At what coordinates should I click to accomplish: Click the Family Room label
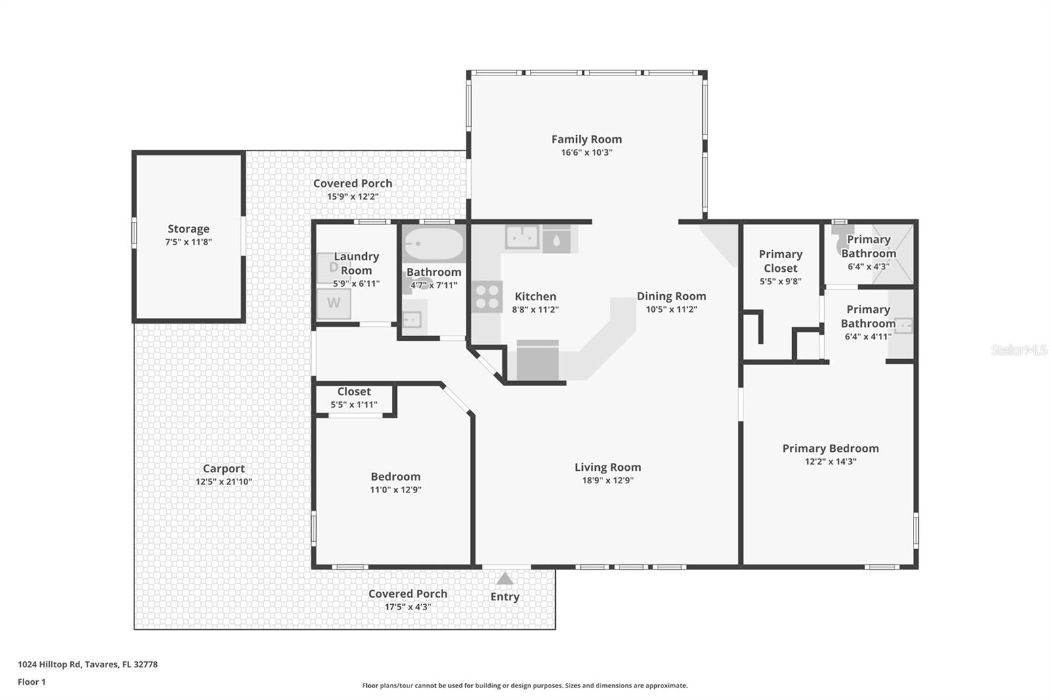point(586,139)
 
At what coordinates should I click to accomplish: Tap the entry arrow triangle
point(505,579)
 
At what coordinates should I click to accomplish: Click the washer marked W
point(333,303)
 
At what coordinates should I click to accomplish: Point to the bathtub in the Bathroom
point(433,244)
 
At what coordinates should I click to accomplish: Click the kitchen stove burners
point(488,296)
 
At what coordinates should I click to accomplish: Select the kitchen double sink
point(522,237)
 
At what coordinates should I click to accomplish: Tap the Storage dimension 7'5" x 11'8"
point(188,242)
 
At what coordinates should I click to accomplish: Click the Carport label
point(223,468)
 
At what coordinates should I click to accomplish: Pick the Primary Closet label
point(780,261)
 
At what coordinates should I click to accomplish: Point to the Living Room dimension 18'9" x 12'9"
point(608,480)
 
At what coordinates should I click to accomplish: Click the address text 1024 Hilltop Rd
point(87,664)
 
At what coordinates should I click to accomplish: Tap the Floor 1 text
point(31,682)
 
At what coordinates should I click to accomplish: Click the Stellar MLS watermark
point(1018,350)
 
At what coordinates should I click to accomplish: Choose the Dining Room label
point(671,296)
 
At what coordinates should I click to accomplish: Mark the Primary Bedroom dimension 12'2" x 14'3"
point(830,461)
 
